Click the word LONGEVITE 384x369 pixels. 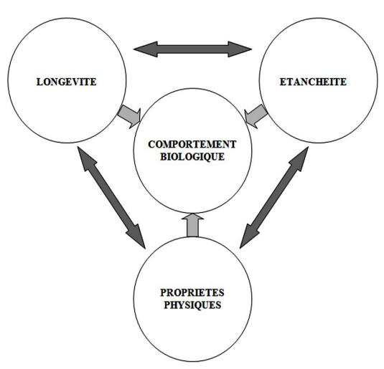tap(66, 82)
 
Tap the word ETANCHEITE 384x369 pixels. tap(313, 82)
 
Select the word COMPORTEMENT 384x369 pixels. tap(192, 144)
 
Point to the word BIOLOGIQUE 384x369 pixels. tap(192, 157)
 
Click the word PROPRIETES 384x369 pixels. tap(192, 293)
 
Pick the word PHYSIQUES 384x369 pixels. tap(192, 305)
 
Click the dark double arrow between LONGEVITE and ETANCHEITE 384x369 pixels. tap(193, 49)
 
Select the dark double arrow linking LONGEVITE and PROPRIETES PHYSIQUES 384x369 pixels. tap(111, 198)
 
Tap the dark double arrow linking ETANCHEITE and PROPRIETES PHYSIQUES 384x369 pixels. tap(273, 198)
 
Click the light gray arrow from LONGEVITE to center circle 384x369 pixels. tap(129, 116)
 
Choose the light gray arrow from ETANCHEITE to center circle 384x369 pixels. tap(256, 116)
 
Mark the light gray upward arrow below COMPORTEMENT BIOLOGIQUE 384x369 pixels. tap(193, 225)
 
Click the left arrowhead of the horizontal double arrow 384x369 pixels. tap(146, 49)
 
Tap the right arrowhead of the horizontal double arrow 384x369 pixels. tap(240, 49)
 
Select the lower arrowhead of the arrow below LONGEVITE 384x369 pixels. tap(138, 236)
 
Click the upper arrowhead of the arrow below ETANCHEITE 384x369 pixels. tap(301, 158)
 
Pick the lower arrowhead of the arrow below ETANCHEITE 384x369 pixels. tap(248, 236)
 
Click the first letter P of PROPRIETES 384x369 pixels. tap(164, 293)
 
